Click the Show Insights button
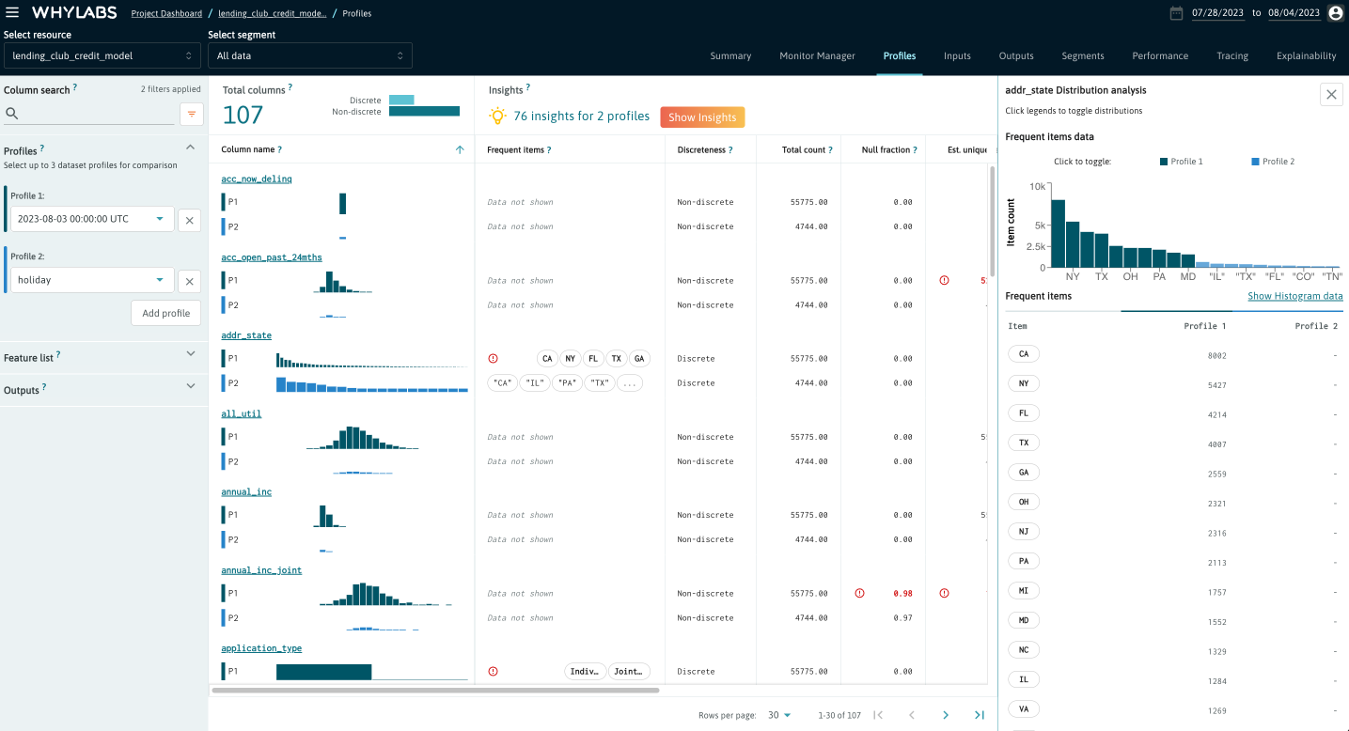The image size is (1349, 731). (x=702, y=117)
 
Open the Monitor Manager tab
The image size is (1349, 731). (x=817, y=55)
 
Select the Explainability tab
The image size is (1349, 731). (x=1306, y=55)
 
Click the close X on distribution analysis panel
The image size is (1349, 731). (x=1331, y=94)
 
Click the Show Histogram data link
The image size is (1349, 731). (x=1294, y=296)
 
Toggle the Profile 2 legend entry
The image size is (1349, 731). (x=1273, y=162)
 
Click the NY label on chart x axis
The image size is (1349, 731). (x=1073, y=277)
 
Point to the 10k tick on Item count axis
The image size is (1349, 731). (x=1037, y=187)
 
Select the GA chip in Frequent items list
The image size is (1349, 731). (x=1023, y=473)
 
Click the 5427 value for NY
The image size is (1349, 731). (x=1216, y=385)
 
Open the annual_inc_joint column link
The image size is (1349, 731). (x=261, y=570)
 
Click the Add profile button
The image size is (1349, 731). (x=165, y=313)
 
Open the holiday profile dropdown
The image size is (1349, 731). (x=92, y=280)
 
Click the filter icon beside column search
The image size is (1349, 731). (x=191, y=114)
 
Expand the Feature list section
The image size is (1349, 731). (x=102, y=357)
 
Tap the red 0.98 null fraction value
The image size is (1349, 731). (x=902, y=594)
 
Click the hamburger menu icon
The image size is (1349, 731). (x=12, y=12)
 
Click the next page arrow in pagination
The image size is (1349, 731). (x=946, y=715)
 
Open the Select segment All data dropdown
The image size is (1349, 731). (x=309, y=55)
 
